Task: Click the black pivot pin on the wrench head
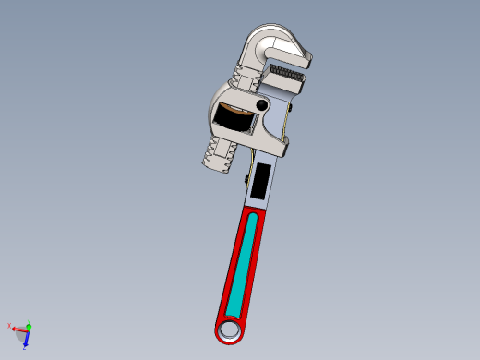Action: click(263, 106)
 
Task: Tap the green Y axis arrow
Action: click(29, 325)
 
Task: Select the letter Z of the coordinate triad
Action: click(25, 347)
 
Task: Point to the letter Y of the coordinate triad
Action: click(30, 320)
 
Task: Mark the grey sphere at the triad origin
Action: click(26, 330)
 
